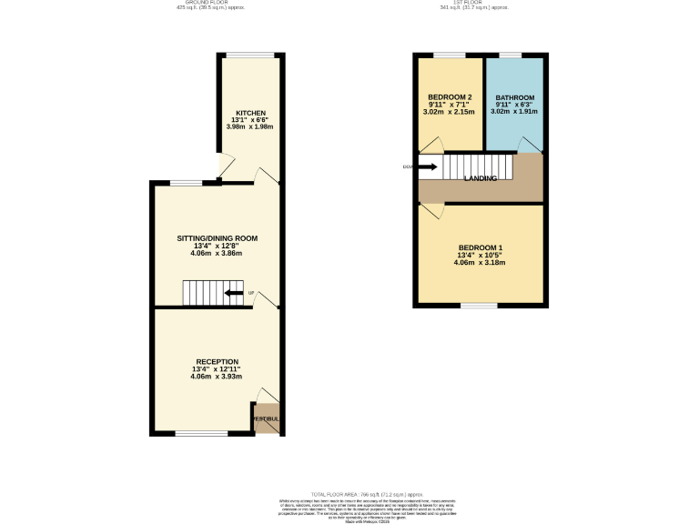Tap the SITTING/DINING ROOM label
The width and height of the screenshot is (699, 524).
(x=217, y=238)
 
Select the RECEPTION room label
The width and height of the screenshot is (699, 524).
(x=217, y=361)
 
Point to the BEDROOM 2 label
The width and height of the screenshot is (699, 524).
(x=450, y=97)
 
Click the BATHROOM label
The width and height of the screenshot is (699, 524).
(x=514, y=97)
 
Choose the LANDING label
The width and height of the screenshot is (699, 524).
(x=481, y=178)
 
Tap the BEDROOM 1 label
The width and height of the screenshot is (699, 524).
(x=480, y=247)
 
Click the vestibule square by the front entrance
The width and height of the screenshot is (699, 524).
(x=266, y=419)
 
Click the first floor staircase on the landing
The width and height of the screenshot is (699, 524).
(x=478, y=166)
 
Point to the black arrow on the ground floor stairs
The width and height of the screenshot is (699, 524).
(x=234, y=293)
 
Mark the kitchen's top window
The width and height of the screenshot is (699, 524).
(x=251, y=55)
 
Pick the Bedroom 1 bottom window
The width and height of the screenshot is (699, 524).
(x=480, y=306)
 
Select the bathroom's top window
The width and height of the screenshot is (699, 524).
(x=511, y=56)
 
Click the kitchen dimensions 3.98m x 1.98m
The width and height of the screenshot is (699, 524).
(x=251, y=126)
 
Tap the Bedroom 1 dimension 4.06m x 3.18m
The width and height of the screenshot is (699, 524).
(x=480, y=263)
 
